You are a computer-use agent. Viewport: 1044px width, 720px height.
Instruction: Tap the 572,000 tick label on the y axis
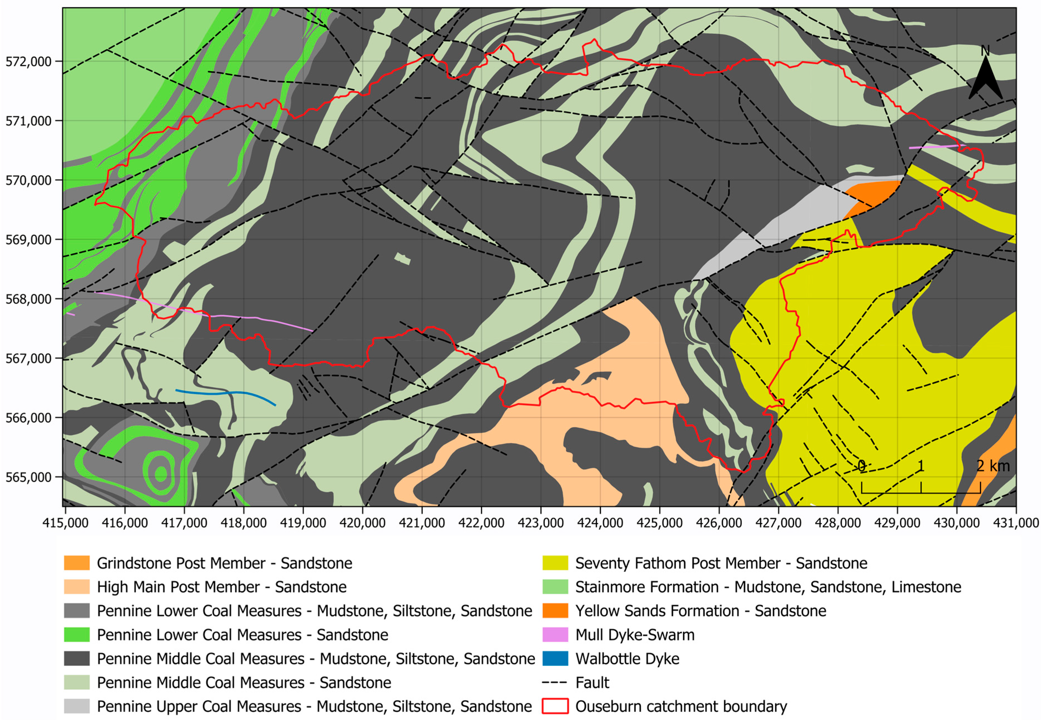(28, 61)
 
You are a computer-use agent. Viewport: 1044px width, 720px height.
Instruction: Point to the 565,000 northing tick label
(28, 477)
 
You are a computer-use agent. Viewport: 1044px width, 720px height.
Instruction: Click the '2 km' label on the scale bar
(993, 466)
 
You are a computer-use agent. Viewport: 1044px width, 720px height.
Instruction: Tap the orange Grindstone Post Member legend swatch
(77, 563)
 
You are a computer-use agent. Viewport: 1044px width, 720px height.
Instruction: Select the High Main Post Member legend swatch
(77, 587)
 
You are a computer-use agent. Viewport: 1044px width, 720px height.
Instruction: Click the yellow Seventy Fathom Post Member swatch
(555, 563)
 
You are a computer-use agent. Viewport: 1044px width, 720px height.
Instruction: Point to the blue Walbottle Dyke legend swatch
(555, 659)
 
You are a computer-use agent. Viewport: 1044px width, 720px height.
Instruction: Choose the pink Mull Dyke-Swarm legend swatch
(555, 635)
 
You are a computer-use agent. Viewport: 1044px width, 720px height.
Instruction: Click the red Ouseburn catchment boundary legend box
(555, 706)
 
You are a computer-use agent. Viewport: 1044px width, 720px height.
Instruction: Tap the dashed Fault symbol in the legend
(555, 683)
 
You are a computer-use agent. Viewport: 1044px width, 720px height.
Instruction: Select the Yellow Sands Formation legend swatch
(555, 611)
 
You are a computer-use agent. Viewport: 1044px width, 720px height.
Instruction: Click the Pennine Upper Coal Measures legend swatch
(77, 706)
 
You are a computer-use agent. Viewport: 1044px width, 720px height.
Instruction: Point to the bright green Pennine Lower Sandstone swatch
(77, 635)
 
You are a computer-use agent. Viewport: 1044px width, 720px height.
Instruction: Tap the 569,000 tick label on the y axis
(28, 240)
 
